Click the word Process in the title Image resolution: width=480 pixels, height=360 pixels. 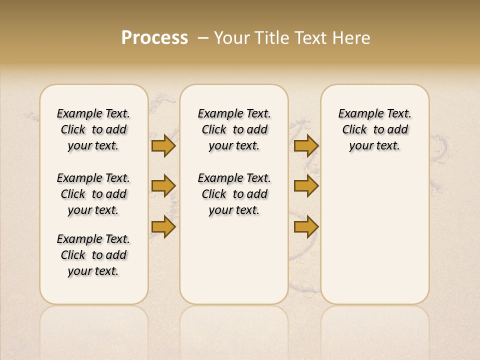[x=154, y=38]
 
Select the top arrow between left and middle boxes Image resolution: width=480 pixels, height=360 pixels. [x=163, y=145]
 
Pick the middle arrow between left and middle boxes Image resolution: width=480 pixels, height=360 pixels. [x=163, y=186]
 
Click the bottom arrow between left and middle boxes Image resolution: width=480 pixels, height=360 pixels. [x=163, y=226]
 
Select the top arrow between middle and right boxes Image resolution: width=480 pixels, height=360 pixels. [x=306, y=145]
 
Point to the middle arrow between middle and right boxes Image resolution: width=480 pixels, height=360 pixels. [x=306, y=186]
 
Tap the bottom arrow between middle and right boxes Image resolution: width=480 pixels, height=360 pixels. [x=306, y=226]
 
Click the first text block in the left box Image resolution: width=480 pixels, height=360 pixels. [x=93, y=129]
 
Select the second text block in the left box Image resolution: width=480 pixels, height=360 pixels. [x=93, y=194]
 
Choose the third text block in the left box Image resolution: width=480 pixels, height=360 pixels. [x=93, y=255]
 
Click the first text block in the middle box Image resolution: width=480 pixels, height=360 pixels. [x=234, y=129]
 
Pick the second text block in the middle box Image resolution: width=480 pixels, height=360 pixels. [x=234, y=194]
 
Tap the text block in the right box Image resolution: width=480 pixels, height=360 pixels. [x=374, y=129]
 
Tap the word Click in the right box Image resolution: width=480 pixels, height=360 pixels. [x=354, y=130]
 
